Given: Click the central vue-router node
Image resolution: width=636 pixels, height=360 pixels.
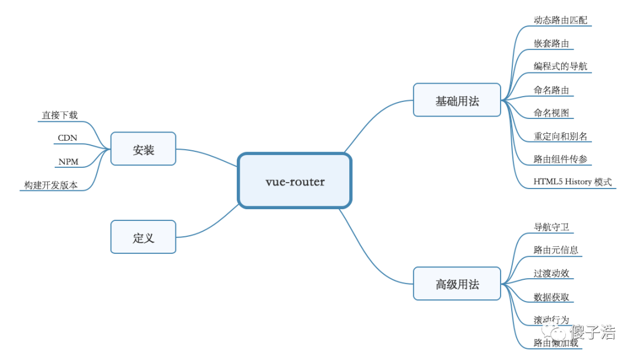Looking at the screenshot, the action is click(x=294, y=181).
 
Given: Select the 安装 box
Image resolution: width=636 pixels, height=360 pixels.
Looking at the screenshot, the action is click(x=143, y=148).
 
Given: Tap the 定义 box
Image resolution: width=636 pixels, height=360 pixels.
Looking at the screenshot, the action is click(x=143, y=237).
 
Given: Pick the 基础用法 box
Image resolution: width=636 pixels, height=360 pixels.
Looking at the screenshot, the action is click(x=457, y=100).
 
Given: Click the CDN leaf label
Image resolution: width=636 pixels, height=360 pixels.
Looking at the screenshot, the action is click(x=67, y=138).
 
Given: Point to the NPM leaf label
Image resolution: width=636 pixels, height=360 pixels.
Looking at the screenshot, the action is click(x=68, y=161).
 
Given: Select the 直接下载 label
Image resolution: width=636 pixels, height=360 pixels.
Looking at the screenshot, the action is click(x=59, y=114).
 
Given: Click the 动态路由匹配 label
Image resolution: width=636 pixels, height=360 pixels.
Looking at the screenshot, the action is click(x=560, y=20).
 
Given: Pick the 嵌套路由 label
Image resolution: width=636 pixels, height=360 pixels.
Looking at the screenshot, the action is click(x=551, y=43).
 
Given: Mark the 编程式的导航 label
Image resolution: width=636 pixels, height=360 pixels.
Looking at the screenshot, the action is click(x=560, y=66).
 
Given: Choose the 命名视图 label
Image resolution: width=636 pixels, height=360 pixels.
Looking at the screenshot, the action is click(x=551, y=113).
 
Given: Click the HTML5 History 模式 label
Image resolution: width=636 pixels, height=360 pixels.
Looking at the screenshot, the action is click(x=572, y=181).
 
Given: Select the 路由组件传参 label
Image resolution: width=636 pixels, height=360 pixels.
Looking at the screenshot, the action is click(x=560, y=158).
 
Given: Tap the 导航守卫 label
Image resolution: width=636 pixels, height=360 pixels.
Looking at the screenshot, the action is click(x=551, y=227).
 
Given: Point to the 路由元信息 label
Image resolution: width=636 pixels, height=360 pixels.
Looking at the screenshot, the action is click(x=555, y=250).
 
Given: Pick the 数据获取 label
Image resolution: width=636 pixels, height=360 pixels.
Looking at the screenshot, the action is click(x=551, y=296).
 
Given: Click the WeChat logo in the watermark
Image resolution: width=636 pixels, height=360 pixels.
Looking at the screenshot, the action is click(x=554, y=331).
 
